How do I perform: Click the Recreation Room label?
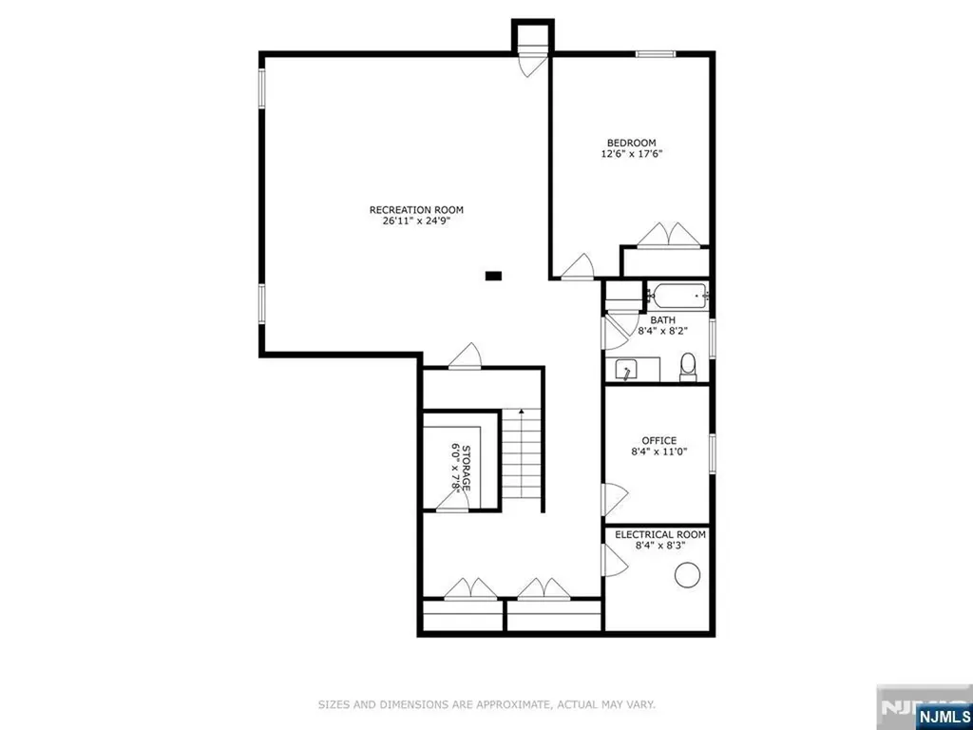point(416,210)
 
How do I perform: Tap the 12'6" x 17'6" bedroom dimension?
point(631,154)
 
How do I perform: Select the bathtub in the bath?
point(677,296)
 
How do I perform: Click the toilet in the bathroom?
point(689,365)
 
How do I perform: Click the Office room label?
point(658,440)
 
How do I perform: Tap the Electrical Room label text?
point(659,535)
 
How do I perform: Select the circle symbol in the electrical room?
point(686,574)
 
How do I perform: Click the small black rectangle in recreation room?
point(492,276)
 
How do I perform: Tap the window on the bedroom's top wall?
point(656,54)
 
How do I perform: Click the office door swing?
point(615,495)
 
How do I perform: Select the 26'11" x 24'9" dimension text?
point(416,221)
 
